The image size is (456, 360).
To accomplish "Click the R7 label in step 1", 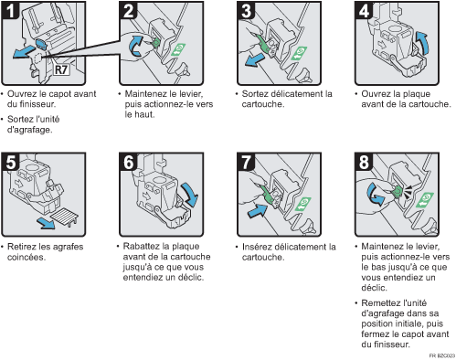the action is click(x=61, y=69).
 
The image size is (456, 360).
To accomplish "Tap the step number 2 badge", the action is click(x=129, y=11).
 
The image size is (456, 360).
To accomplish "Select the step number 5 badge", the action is click(x=11, y=162).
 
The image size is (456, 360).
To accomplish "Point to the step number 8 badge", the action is click(x=364, y=162).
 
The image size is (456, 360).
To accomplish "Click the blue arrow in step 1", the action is click(x=24, y=51).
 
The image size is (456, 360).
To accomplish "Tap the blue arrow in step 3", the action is click(x=255, y=59).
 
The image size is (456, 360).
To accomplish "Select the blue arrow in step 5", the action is click(x=46, y=223).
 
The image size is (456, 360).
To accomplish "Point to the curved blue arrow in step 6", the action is click(x=190, y=194).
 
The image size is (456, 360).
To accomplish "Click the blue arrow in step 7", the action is click(x=258, y=211).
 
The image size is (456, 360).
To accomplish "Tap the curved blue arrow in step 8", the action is click(x=375, y=195).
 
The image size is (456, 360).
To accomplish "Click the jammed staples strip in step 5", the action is click(x=64, y=217).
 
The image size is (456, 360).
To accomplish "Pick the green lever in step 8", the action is click(x=398, y=191).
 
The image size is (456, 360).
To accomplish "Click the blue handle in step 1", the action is click(x=41, y=44).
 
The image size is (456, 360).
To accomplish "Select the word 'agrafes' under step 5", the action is click(x=68, y=247).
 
